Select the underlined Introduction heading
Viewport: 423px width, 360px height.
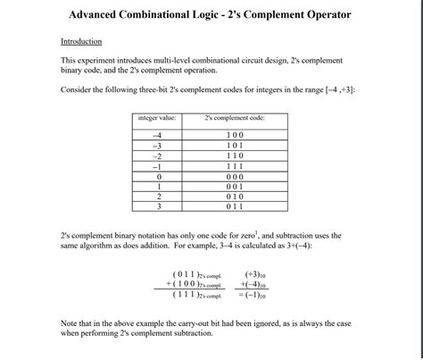(x=81, y=42)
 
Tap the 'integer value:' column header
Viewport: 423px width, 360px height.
(x=157, y=118)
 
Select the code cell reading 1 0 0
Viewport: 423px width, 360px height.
(x=235, y=135)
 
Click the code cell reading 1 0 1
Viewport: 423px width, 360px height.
(x=235, y=145)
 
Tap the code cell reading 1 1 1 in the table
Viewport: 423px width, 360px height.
(x=235, y=165)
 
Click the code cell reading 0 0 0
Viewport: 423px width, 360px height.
(x=235, y=176)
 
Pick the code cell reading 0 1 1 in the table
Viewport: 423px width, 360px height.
(x=235, y=206)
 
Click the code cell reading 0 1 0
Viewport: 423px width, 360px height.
(x=235, y=196)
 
